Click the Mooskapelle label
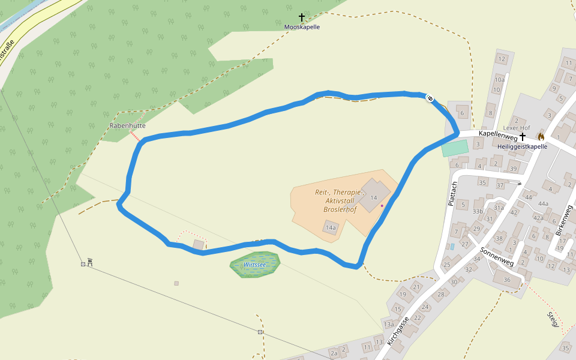pyautogui.click(x=302, y=27)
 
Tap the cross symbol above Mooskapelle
pyautogui.click(x=302, y=17)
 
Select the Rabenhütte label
pyautogui.click(x=127, y=125)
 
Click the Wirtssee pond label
pyautogui.click(x=254, y=264)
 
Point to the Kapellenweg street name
pyautogui.click(x=497, y=136)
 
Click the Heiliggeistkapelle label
pyautogui.click(x=522, y=146)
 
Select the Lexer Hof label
pyautogui.click(x=517, y=128)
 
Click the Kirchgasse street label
pyautogui.click(x=398, y=331)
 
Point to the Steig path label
pyautogui.click(x=553, y=319)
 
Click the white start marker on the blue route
pyautogui.click(x=430, y=98)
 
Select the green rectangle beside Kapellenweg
pyautogui.click(x=454, y=148)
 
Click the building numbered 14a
pyautogui.click(x=330, y=228)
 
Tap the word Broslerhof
pyautogui.click(x=340, y=209)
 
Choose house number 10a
pyautogui.click(x=499, y=80)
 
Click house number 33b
pyautogui.click(x=478, y=211)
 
